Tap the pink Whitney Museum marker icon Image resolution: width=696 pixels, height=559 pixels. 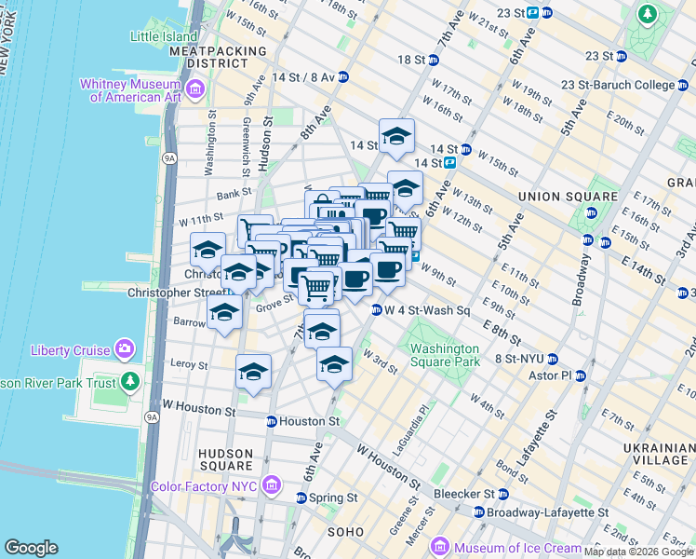pyautogui.click(x=194, y=89)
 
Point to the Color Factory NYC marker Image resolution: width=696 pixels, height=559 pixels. pyautogui.click(x=271, y=484)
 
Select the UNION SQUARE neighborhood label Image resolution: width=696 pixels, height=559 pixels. pyautogui.click(x=568, y=197)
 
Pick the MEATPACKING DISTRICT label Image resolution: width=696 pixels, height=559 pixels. pyautogui.click(x=225, y=56)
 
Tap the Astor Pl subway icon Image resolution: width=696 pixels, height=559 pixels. pyautogui.click(x=581, y=376)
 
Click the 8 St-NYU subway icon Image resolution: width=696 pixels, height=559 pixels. pyautogui.click(x=552, y=359)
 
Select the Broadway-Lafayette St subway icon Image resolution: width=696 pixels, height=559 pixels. pyautogui.click(x=479, y=512)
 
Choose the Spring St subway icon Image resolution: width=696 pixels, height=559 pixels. pyautogui.click(x=301, y=498)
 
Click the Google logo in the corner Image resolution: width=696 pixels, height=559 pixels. pyautogui.click(x=32, y=548)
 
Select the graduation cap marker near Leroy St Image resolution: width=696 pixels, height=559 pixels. pyautogui.click(x=253, y=372)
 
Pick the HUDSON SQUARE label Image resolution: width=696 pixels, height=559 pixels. pyautogui.click(x=225, y=459)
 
